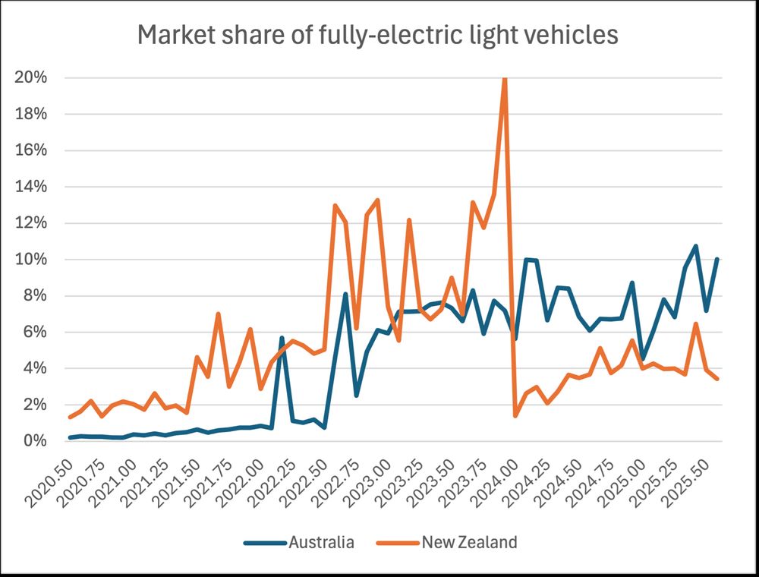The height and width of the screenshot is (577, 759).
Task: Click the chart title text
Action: point(378,36)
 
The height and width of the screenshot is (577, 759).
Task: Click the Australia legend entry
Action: point(320,542)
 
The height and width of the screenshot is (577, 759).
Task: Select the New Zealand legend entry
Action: point(469,542)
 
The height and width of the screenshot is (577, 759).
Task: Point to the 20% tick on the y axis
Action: point(33,77)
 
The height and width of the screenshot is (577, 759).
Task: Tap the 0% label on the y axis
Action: point(36,441)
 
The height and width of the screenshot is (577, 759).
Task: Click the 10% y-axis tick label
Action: point(33,260)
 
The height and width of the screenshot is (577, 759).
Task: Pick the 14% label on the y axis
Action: point(33,187)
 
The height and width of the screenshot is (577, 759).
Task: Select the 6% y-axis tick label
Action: point(36,332)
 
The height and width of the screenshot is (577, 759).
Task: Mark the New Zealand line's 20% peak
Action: point(505,79)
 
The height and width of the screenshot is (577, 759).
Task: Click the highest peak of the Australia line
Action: point(695,246)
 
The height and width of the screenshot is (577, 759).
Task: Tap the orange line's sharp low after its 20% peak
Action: point(515,415)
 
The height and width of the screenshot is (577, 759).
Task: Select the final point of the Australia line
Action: point(717,259)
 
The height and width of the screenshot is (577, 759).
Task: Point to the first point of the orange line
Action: point(70,417)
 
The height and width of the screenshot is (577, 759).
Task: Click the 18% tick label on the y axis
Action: point(33,114)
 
